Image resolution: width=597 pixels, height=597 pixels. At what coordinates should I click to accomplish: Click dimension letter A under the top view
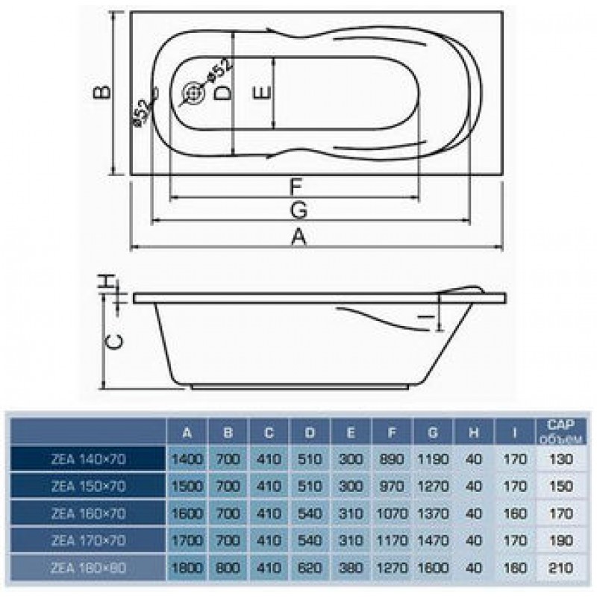click(x=298, y=237)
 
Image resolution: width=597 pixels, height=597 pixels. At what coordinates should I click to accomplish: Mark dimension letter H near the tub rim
click(x=108, y=282)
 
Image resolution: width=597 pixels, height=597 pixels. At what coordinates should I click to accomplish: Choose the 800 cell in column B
click(x=229, y=568)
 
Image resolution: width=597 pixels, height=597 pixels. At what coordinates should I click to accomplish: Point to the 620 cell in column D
click(x=310, y=568)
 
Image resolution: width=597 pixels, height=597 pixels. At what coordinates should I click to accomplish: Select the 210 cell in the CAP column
click(x=560, y=568)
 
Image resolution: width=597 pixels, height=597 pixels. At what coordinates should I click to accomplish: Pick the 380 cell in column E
click(x=350, y=568)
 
